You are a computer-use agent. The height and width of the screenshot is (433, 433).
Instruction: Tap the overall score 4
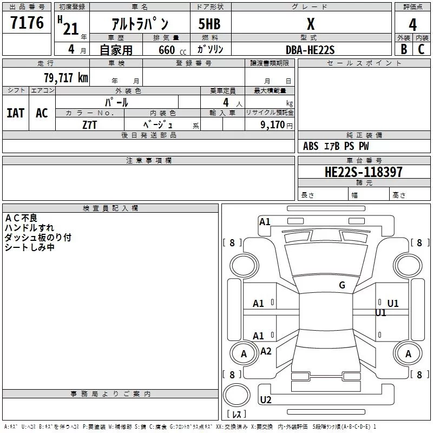(413, 24)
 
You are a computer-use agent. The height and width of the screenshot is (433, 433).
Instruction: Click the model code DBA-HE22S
(310, 49)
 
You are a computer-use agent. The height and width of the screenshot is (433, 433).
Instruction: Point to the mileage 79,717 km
(65, 77)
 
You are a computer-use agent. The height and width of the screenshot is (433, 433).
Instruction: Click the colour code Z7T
(90, 124)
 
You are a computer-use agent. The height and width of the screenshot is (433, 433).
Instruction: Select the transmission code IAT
(15, 113)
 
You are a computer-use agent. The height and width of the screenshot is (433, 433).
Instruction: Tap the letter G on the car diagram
(342, 285)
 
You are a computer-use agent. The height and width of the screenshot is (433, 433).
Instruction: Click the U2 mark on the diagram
(265, 400)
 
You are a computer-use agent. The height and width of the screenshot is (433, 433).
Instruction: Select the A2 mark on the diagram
(265, 351)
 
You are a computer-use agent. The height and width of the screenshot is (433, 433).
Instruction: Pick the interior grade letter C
(421, 49)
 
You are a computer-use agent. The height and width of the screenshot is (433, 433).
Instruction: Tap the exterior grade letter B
(403, 49)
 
